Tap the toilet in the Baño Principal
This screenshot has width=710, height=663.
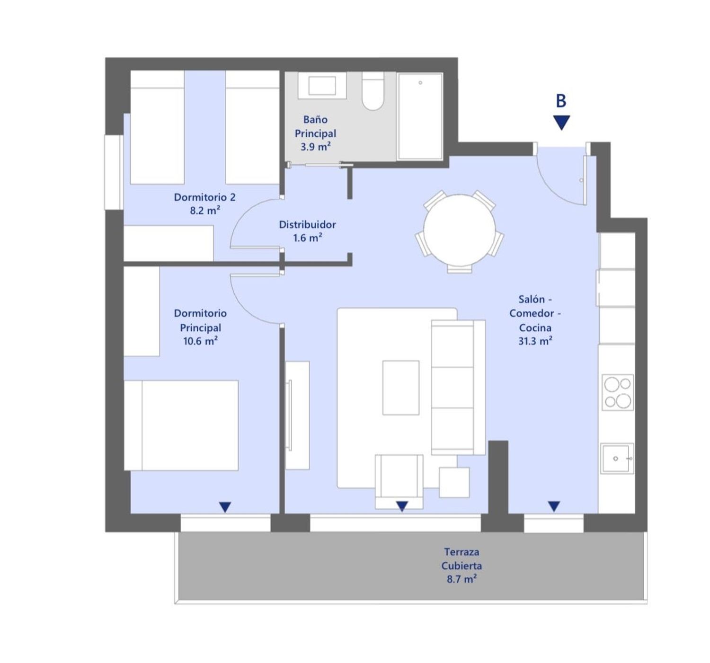pyautogui.click(x=373, y=91)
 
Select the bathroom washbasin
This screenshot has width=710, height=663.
pyautogui.click(x=322, y=86)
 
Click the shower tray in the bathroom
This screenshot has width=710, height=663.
pyautogui.click(x=420, y=116)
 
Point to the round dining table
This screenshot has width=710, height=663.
pyautogui.click(x=460, y=230)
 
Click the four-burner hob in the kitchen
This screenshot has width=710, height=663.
pyautogui.click(x=618, y=392)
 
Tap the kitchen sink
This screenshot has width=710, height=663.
pyautogui.click(x=617, y=459)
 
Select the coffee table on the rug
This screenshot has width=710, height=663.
pyautogui.click(x=401, y=388)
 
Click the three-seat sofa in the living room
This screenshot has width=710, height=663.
pyautogui.click(x=458, y=387)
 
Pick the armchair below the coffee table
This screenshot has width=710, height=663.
pyautogui.click(x=399, y=482)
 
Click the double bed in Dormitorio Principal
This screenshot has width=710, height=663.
pyautogui.click(x=181, y=425)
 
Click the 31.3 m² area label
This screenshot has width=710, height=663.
pyautogui.click(x=535, y=341)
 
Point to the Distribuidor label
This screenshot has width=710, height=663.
pyautogui.click(x=308, y=225)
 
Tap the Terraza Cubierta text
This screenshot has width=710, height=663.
pyautogui.click(x=461, y=559)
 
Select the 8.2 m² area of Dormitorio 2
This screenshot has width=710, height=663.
pyautogui.click(x=204, y=211)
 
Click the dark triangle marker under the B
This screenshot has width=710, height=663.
pyautogui.click(x=561, y=123)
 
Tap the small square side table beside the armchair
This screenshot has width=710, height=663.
pyautogui.click(x=454, y=482)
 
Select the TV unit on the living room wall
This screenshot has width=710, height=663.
pyautogui.click(x=297, y=415)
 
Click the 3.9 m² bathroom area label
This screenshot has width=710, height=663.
pyautogui.click(x=315, y=147)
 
